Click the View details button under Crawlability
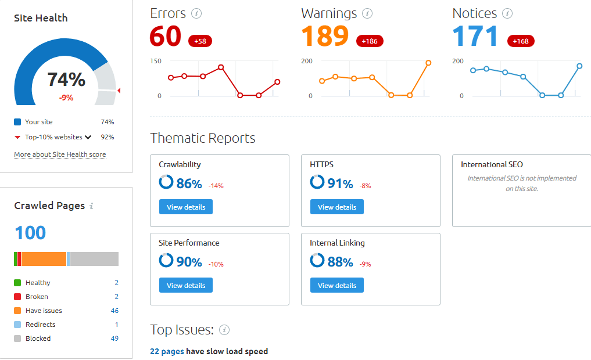(x=185, y=207)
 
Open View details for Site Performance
(x=185, y=285)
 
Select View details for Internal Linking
(x=336, y=285)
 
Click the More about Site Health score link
(x=60, y=154)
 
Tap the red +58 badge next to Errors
(x=200, y=41)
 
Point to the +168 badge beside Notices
(x=521, y=41)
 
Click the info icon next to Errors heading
(x=196, y=13)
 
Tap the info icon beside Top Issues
(x=224, y=330)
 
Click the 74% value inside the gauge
(x=66, y=80)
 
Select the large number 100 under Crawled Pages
(x=30, y=233)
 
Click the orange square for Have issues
(x=17, y=311)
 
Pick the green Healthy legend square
(x=17, y=283)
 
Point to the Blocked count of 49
(x=114, y=339)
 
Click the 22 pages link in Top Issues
(x=167, y=351)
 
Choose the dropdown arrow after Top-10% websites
(x=88, y=138)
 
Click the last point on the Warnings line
(x=428, y=63)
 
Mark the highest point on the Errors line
(x=221, y=67)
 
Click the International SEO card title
(x=492, y=164)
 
